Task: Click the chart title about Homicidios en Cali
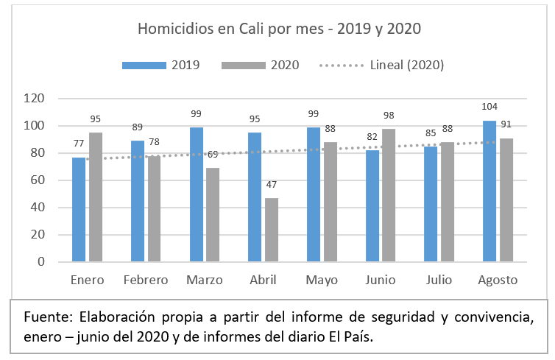tap(279, 29)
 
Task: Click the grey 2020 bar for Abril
tap(272, 229)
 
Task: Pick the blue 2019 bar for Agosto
tap(489, 191)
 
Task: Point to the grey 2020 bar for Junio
tap(389, 194)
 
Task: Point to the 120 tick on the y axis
tap(35, 99)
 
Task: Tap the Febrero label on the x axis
tap(146, 280)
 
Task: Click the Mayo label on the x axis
tap(322, 280)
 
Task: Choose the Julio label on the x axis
tap(439, 280)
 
